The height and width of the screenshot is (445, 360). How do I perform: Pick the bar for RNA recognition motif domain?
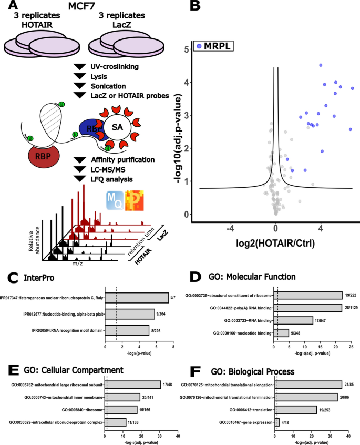pyautogui.click(x=127, y=330)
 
